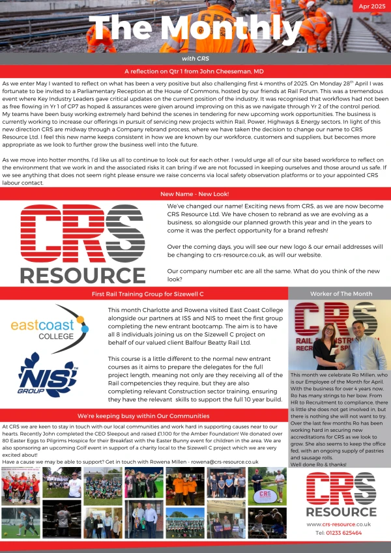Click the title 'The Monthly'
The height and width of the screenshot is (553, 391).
pos(195,29)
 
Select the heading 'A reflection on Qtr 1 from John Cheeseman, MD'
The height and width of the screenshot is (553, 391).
pos(195,70)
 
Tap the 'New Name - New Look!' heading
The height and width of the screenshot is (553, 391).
pos(195,193)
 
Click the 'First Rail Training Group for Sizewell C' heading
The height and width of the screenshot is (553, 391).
pos(143,294)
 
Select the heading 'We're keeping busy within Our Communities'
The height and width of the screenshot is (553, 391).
pos(143,416)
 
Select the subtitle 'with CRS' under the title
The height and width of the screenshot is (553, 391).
pos(195,59)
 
